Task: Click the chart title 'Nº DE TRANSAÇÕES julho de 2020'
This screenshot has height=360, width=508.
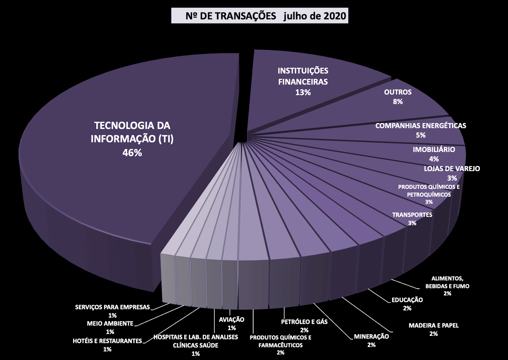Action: (260, 16)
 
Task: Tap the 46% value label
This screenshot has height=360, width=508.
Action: (132, 153)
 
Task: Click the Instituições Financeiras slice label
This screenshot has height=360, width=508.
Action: (303, 76)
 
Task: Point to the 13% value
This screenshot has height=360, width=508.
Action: (303, 92)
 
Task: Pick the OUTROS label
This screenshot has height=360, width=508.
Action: (398, 92)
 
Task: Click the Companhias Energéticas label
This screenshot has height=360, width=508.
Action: (420, 126)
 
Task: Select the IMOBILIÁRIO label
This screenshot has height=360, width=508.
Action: (434, 150)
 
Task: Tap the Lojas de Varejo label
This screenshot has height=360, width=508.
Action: (452, 169)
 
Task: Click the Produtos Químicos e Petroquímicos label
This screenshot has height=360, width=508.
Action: (429, 190)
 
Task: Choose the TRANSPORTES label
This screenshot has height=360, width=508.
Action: (412, 215)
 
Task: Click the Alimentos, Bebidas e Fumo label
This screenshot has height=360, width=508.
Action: (447, 282)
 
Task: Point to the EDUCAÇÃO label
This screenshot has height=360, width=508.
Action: (407, 300)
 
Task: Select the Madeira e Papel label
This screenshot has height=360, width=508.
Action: (433, 325)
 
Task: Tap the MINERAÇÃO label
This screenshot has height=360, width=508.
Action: (371, 337)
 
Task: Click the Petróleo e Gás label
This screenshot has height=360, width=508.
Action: (304, 322)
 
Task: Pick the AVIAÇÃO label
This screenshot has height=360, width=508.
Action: (231, 320)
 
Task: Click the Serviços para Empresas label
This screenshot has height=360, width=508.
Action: (112, 307)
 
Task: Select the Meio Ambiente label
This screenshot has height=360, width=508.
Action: (110, 324)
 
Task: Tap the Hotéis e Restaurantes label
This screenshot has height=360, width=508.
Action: (107, 341)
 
